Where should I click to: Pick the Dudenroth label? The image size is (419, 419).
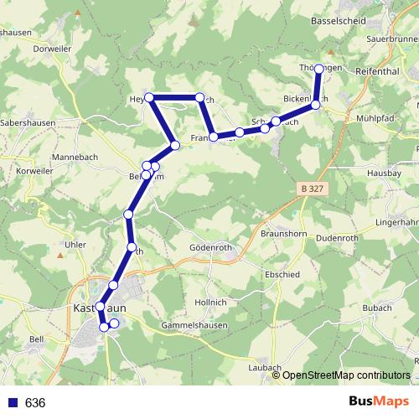[x=344, y=237]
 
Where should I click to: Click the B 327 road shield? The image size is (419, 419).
[x=310, y=190]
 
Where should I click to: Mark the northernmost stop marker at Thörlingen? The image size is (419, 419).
[x=318, y=70]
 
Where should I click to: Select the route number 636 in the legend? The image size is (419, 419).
[x=34, y=403]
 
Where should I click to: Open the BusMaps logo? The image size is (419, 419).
[x=379, y=401]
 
